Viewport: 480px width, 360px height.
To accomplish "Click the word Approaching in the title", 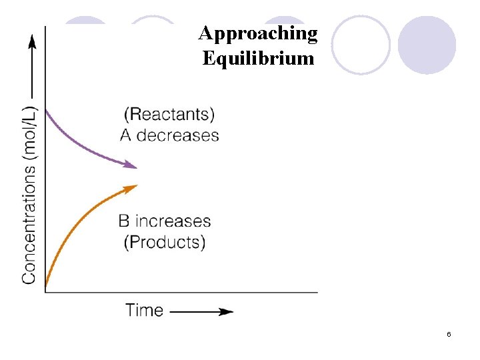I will pyautogui.click(x=258, y=33).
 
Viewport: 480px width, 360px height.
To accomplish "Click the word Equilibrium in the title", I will pyautogui.click(x=258, y=59).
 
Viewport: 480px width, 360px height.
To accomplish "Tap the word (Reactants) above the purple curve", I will pyautogui.click(x=169, y=113).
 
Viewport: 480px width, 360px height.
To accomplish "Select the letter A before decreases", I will pyautogui.click(x=126, y=135).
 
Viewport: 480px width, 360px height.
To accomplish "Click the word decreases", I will pyautogui.click(x=178, y=135).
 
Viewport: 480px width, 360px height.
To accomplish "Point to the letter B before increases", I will pyautogui.click(x=125, y=221).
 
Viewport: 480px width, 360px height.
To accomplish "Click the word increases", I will pyautogui.click(x=173, y=221).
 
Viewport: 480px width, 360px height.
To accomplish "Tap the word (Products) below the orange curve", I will pyautogui.click(x=165, y=241).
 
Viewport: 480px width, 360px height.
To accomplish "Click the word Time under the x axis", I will pyautogui.click(x=144, y=310).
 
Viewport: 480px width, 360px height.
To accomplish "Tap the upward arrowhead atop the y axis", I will pyautogui.click(x=31, y=41).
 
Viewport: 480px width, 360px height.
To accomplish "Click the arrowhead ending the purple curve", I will pyautogui.click(x=132, y=166).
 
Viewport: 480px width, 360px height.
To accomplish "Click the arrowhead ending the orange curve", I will pyautogui.click(x=132, y=187).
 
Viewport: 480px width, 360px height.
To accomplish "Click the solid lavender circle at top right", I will pyautogui.click(x=427, y=45).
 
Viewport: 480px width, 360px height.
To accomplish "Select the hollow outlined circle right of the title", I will pyautogui.click(x=361, y=45).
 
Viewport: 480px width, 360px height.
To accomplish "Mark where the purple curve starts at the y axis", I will pyautogui.click(x=45, y=110).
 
